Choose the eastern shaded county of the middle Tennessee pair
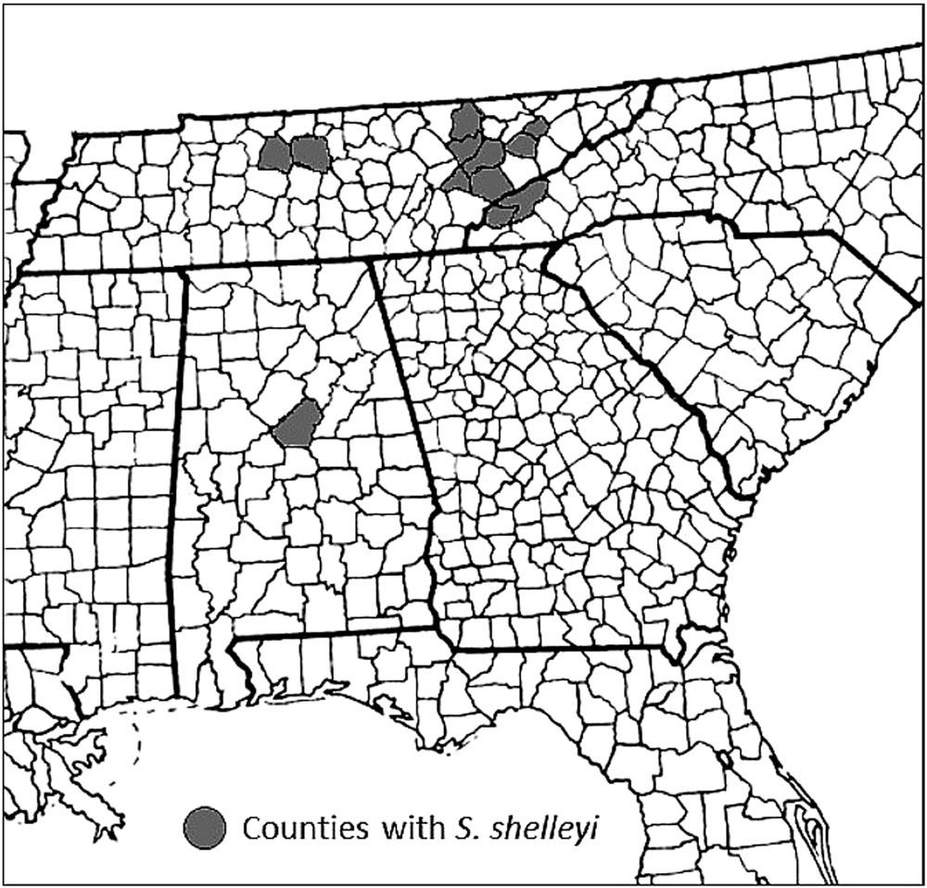pos(310,154)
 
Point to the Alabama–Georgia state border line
pos(405,389)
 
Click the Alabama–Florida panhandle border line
pos(334,633)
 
